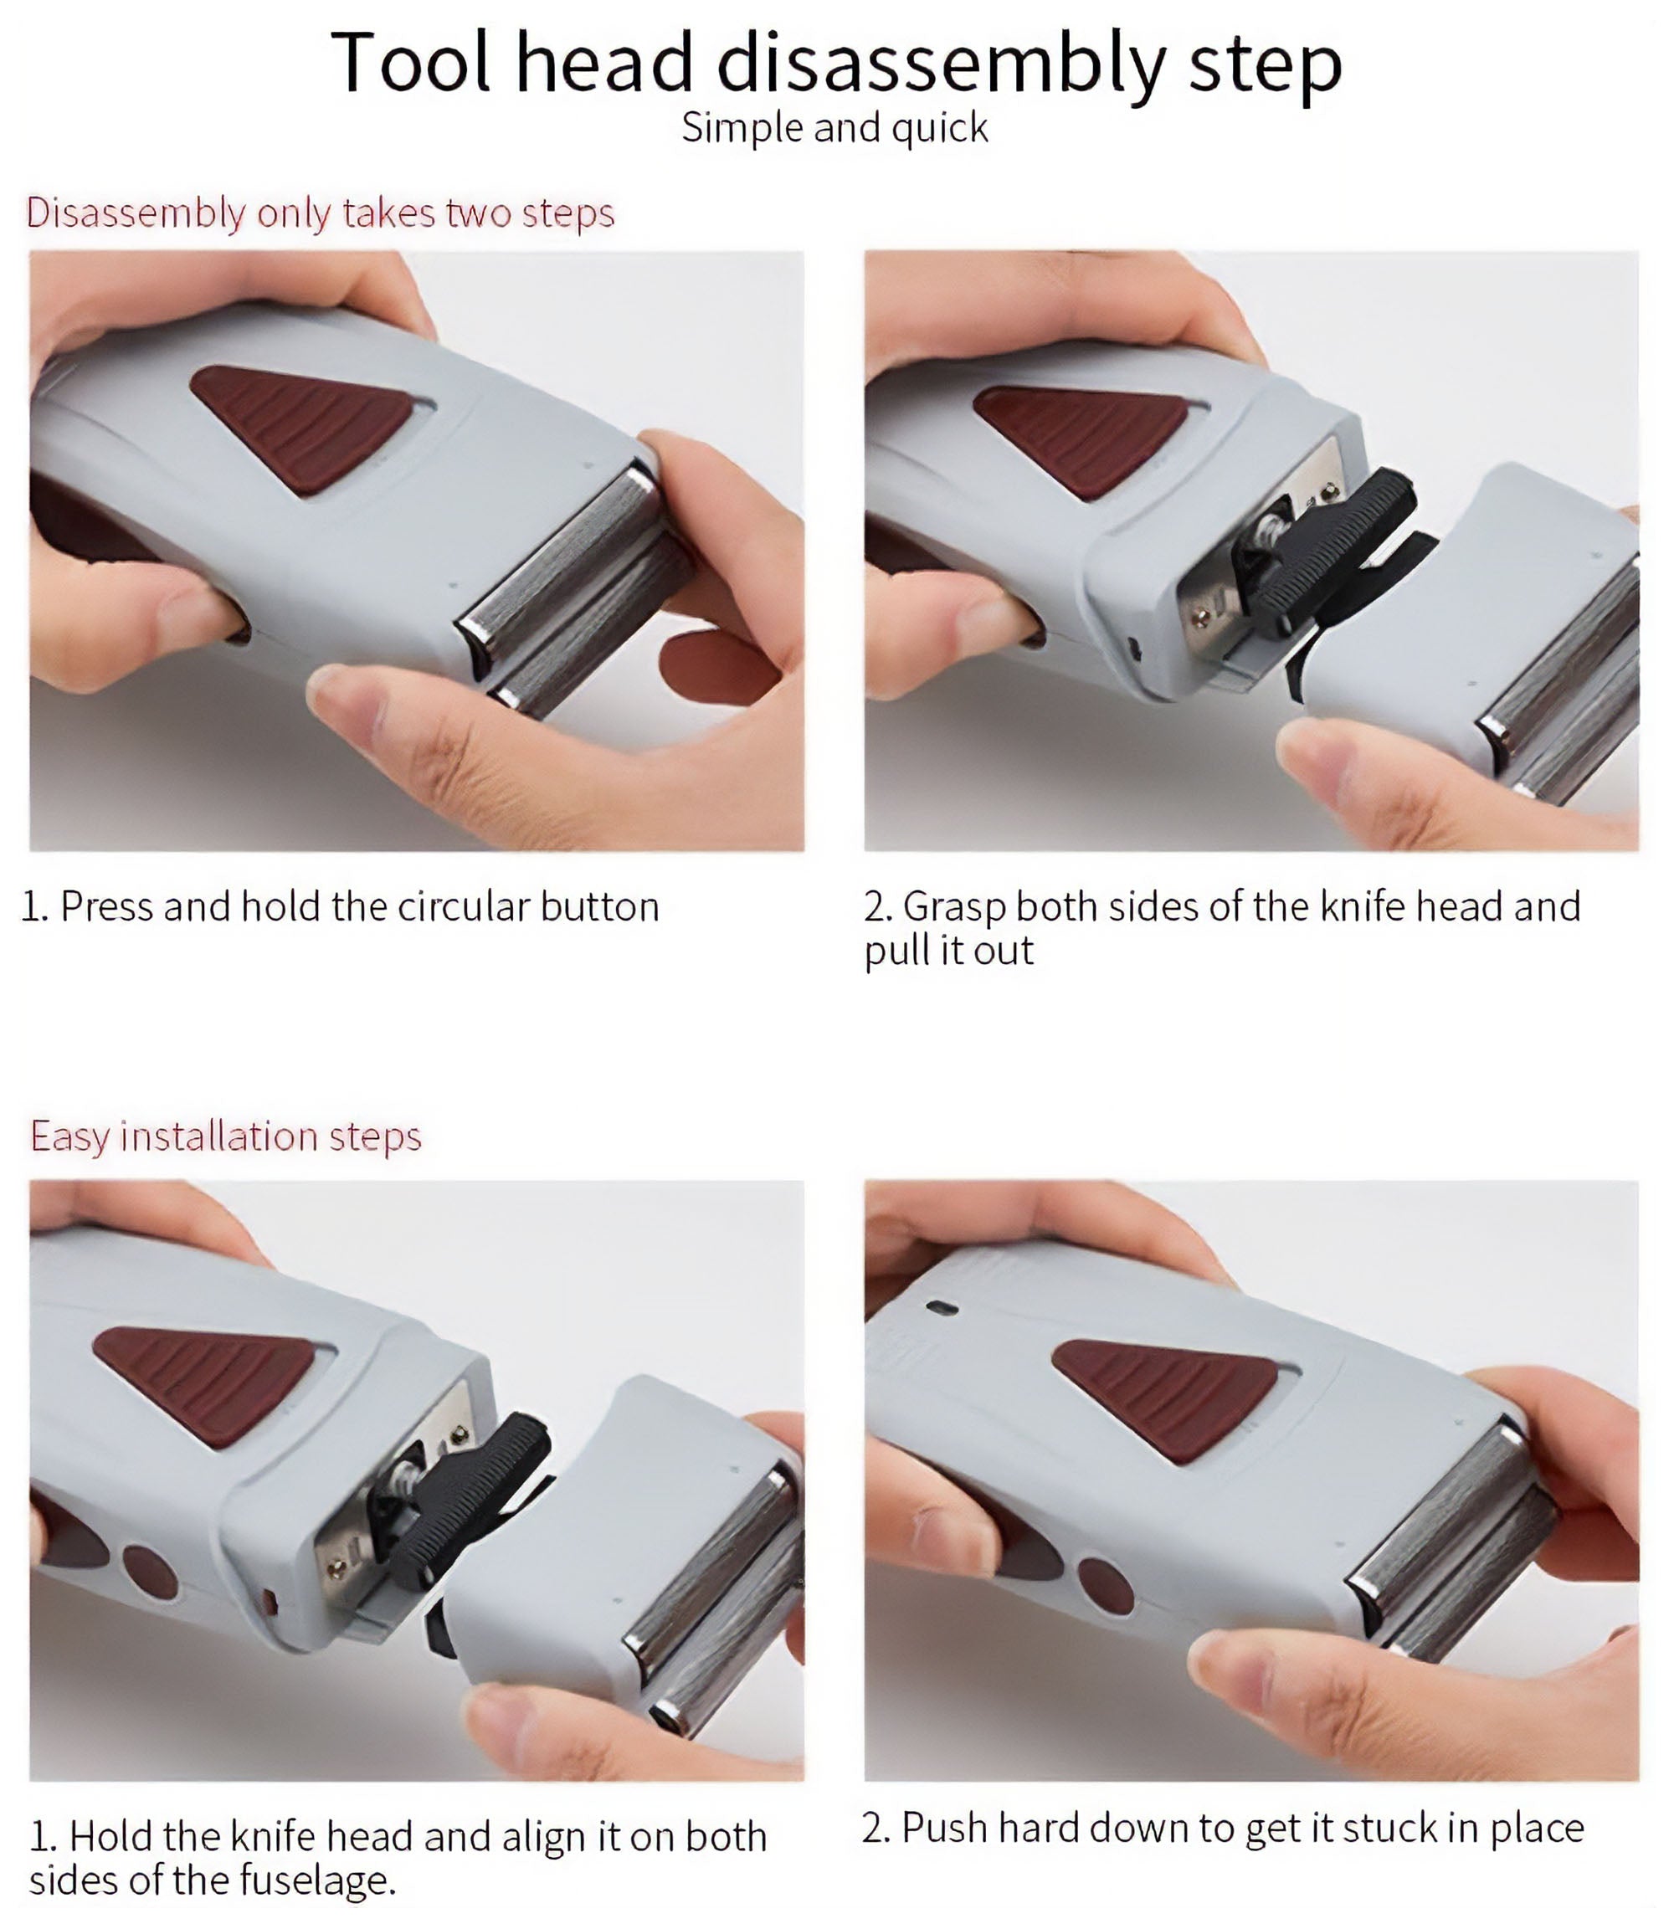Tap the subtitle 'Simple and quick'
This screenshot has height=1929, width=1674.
834,128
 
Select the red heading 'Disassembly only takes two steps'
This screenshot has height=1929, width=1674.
321,213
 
